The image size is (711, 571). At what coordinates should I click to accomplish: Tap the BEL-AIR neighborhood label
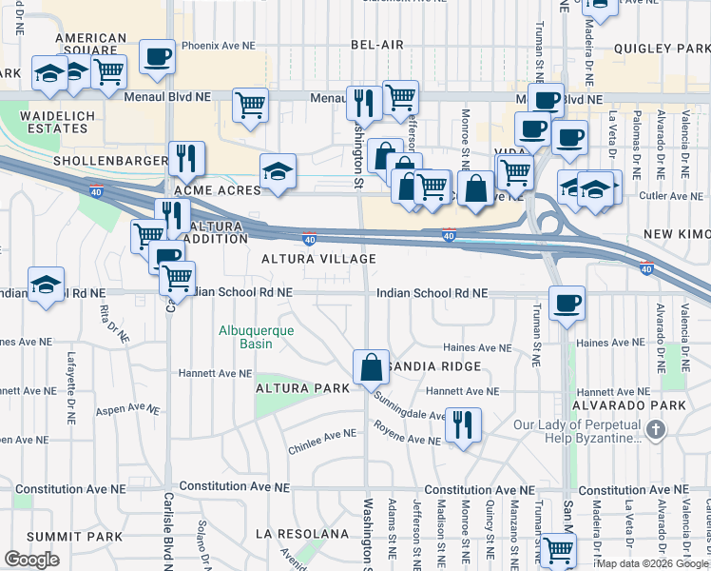pyautogui.click(x=377, y=45)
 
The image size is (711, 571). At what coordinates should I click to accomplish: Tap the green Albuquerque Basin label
pyautogui.click(x=257, y=338)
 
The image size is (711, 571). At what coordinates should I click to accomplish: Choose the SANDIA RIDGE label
pyautogui.click(x=435, y=366)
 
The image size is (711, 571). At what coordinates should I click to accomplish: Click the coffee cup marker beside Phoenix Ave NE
pyautogui.click(x=157, y=56)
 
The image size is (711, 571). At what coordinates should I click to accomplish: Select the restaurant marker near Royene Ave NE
pyautogui.click(x=463, y=423)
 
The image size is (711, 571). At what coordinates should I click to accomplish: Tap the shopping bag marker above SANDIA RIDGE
pyautogui.click(x=371, y=366)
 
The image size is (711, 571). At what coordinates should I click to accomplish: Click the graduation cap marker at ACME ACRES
pyautogui.click(x=278, y=172)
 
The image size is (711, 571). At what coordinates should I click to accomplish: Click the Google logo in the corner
pyautogui.click(x=31, y=560)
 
